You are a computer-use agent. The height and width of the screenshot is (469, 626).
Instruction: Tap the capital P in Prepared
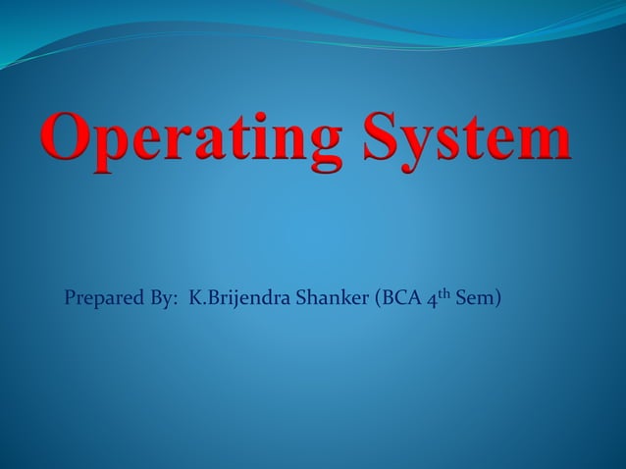point(71,296)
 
